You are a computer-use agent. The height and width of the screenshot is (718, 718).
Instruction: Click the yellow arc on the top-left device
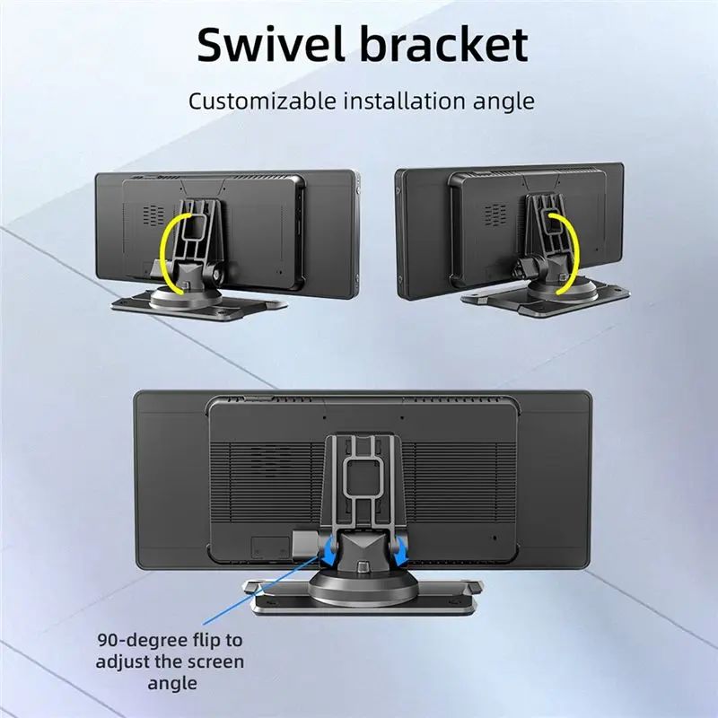pyautogui.click(x=169, y=252)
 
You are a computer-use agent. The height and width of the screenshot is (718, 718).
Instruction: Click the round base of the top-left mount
pyautogui.click(x=186, y=298)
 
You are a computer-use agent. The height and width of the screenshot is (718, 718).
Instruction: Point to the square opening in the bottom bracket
pyautogui.click(x=362, y=477)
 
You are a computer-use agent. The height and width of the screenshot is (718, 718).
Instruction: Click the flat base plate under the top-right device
pyautogui.click(x=545, y=300)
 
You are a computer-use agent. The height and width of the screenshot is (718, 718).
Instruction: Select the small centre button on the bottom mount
pyautogui.click(x=363, y=566)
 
